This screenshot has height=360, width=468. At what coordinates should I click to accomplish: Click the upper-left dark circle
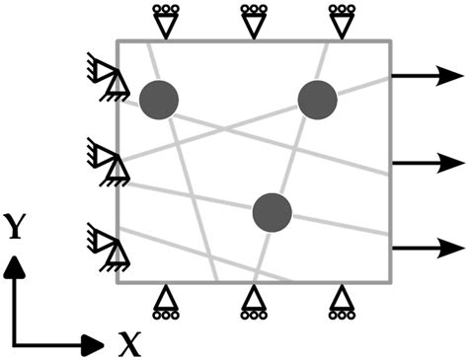[x=158, y=98]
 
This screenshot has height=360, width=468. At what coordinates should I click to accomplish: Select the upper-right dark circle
[x=317, y=98]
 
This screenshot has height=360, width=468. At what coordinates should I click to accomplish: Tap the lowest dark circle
[x=272, y=210]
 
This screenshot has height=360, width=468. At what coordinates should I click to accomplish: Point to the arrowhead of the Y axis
[x=16, y=264]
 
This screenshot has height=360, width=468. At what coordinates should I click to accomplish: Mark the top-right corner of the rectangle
[x=393, y=41]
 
